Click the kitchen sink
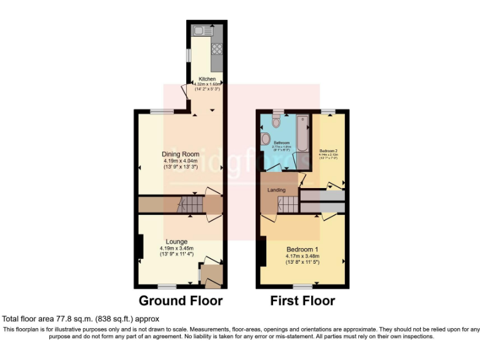point(203,30)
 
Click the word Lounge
point(177,241)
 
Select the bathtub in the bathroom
point(302,134)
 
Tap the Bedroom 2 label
point(328,151)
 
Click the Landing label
point(276,190)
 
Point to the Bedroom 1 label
point(302,248)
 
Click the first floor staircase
point(288,204)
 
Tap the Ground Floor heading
point(181,301)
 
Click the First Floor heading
point(302,301)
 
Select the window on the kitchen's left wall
point(187,54)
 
